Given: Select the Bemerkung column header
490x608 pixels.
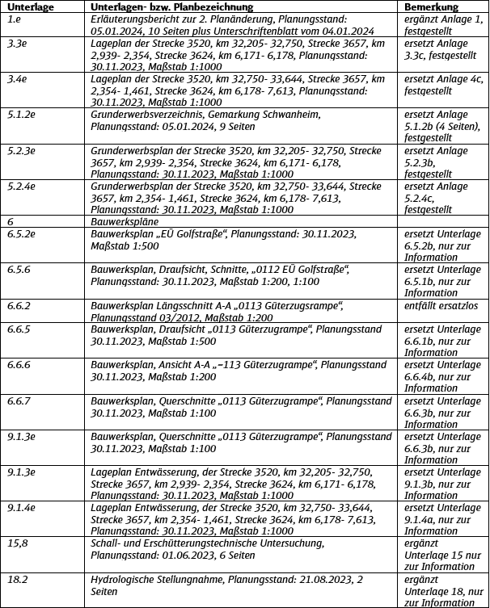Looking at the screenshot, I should (x=432, y=6).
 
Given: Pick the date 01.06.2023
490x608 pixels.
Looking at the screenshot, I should (x=182, y=556).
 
